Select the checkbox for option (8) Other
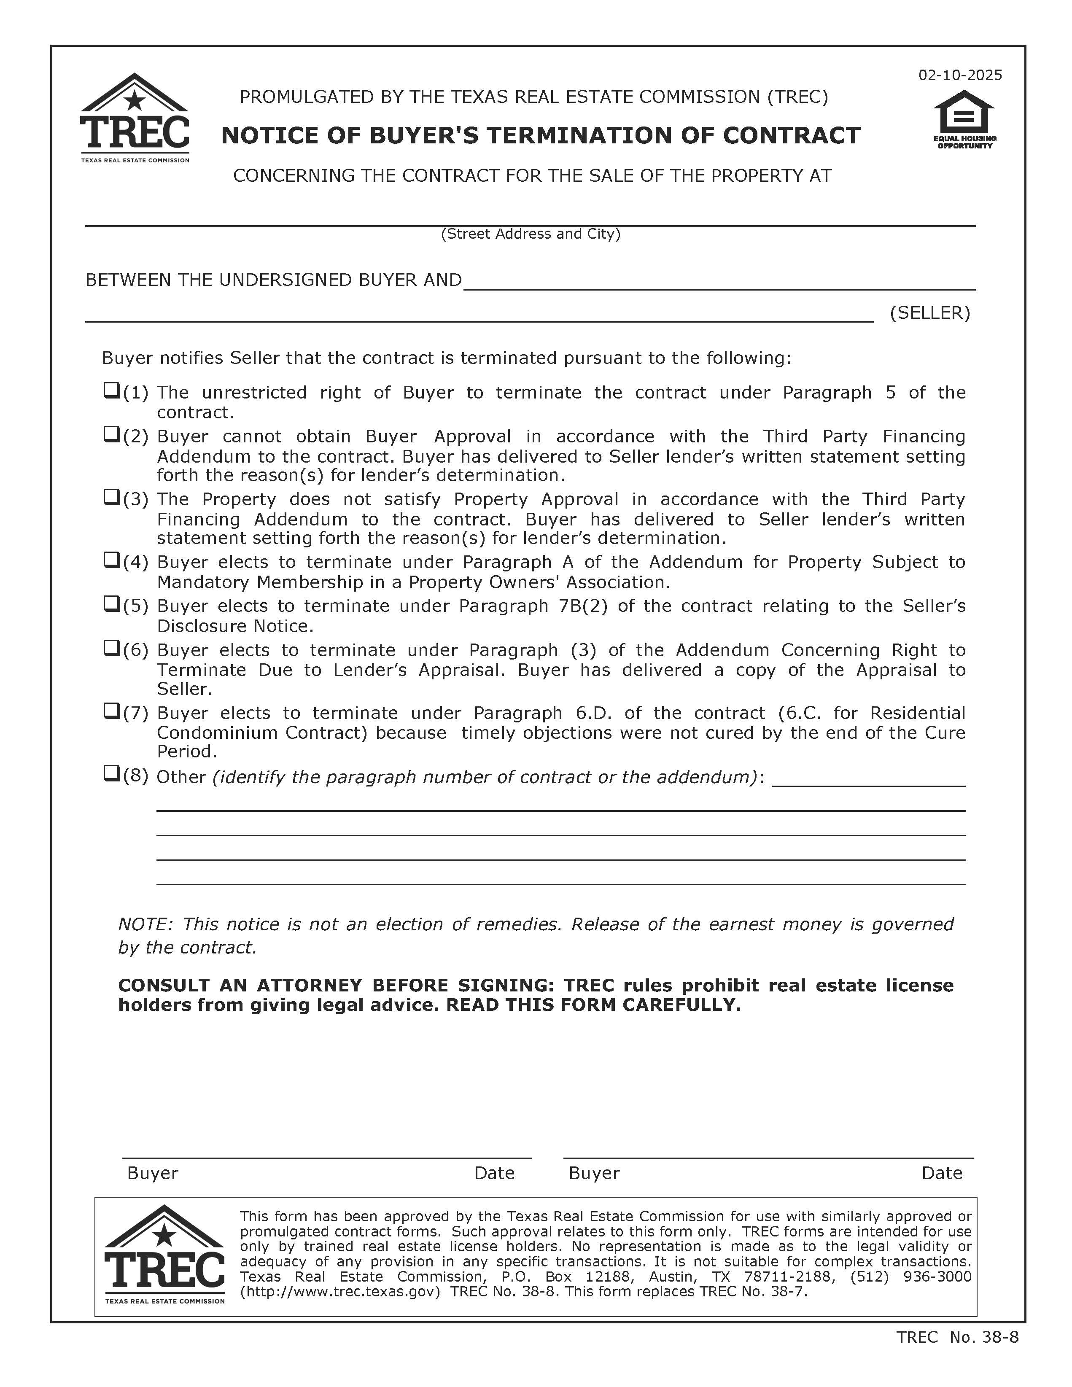[111, 773]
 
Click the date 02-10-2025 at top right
[959, 75]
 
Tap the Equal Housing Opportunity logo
[964, 119]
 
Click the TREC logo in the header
[135, 118]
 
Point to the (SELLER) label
[930, 312]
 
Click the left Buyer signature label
[152, 1173]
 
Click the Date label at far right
[941, 1173]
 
